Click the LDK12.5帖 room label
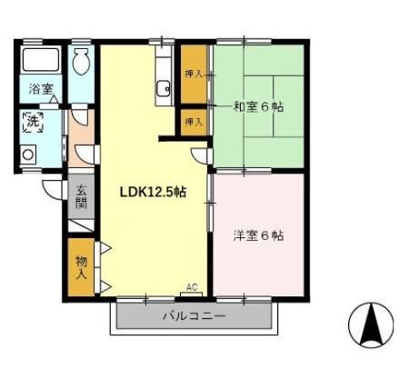pos(153,192)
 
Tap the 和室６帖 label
pos(258,106)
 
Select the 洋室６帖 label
pos(258,235)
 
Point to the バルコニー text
pos(195,316)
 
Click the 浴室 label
pos(41,89)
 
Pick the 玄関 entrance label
pos(81,197)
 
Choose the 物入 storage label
pos(81,267)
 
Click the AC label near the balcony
pos(192,286)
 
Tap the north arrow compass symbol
pos(371,325)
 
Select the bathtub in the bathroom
pos(41,60)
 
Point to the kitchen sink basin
pos(163,88)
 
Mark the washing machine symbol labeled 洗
pos(33,122)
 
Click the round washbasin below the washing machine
pos(28,155)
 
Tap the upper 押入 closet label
pos(194,74)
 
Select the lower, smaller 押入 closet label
pos(194,122)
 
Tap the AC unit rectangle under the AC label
pos(192,295)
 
